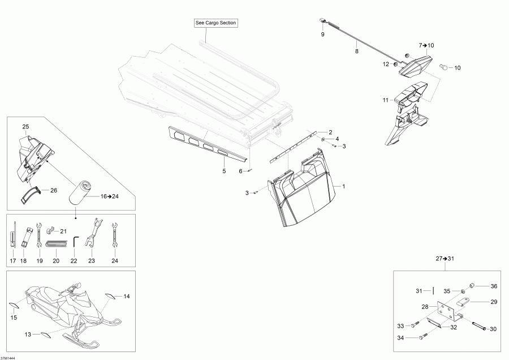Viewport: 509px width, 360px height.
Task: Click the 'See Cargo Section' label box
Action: (215, 23)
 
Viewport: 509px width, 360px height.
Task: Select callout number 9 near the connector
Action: (323, 34)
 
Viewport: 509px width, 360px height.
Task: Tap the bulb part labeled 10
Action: (443, 67)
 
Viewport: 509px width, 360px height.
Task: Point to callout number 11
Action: (385, 100)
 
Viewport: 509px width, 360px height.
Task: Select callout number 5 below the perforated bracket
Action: (224, 172)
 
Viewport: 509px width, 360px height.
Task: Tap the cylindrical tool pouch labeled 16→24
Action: (79, 194)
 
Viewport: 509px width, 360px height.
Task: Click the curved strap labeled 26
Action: (31, 195)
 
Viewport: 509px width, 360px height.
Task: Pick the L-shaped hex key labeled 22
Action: (75, 242)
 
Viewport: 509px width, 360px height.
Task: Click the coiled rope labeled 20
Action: (56, 244)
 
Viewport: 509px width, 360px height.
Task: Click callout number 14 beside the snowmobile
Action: (127, 296)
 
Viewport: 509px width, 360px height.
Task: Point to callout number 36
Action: (494, 286)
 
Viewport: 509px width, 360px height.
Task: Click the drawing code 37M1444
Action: (8, 358)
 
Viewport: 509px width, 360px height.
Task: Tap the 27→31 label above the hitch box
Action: (445, 259)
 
